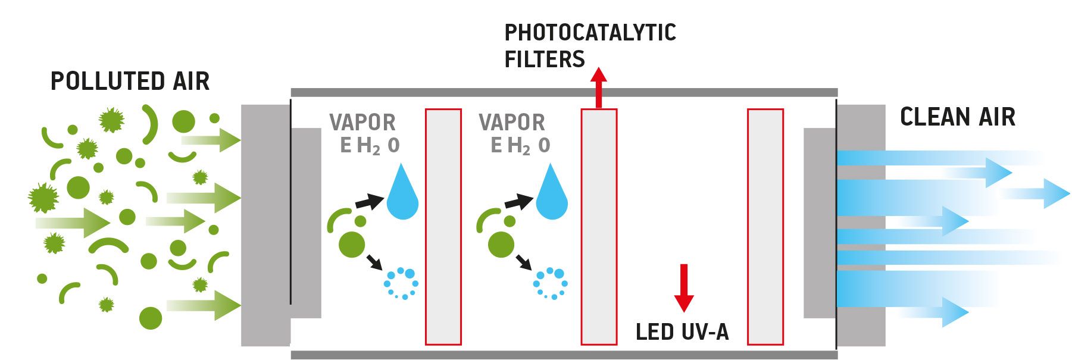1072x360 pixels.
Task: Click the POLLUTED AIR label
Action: coord(130,82)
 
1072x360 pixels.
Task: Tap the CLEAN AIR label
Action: coord(957,117)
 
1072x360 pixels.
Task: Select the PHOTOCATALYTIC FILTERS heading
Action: coord(589,46)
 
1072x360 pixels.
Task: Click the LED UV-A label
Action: coord(682,332)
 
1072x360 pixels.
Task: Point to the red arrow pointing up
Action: coord(599,88)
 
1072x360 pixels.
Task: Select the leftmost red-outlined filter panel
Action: coord(443,226)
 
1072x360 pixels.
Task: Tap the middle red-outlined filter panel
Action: coord(599,226)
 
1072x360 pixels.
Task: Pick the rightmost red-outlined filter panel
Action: coord(765,226)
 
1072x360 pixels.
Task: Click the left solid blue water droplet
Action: coord(403,193)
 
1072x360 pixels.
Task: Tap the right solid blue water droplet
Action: coord(552,193)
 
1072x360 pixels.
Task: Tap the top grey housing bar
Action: coord(564,93)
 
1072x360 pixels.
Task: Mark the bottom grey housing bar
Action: coord(564,355)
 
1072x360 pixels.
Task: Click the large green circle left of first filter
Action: coord(352,245)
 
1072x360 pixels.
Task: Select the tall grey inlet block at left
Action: coord(265,225)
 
